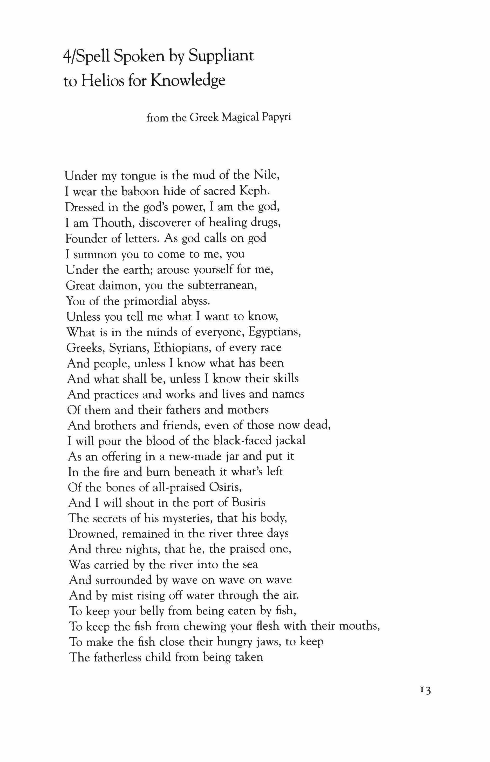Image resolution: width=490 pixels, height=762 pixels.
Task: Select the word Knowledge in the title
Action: pyautogui.click(x=188, y=81)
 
